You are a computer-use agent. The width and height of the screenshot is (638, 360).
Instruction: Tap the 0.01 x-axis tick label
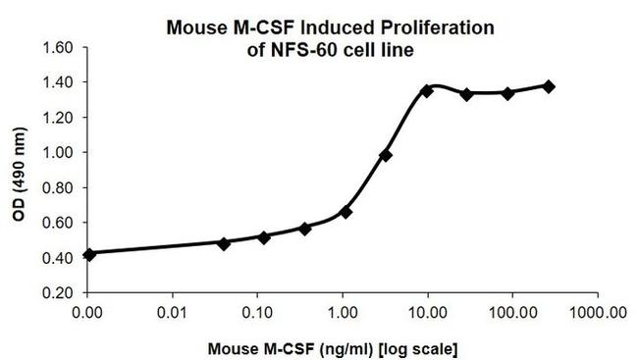pos(172,314)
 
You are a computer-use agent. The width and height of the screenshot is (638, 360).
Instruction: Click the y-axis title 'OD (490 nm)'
pos(20,172)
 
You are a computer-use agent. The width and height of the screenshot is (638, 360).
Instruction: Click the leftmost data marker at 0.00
pos(89,254)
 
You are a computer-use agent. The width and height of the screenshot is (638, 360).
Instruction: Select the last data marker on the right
pos(549,86)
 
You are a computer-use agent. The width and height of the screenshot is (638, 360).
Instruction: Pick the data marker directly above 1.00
pos(346,212)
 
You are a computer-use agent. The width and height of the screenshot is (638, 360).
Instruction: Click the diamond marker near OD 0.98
pos(386,155)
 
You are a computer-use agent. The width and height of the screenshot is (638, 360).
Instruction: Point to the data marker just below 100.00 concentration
pos(507,93)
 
